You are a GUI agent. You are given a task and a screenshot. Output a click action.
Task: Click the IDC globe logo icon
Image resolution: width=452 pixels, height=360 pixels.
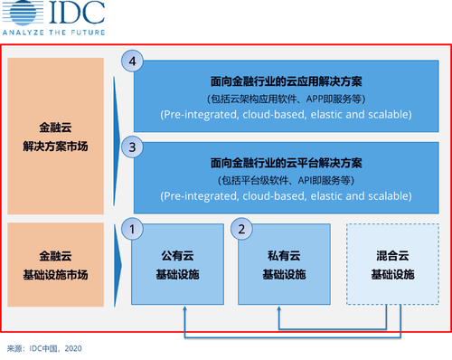23,12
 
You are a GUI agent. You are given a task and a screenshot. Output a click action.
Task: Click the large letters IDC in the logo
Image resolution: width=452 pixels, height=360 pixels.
77,12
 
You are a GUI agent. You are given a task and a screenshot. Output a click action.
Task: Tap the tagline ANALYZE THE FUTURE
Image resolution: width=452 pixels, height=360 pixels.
54,33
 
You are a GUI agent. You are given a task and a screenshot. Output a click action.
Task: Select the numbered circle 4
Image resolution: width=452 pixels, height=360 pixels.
132,62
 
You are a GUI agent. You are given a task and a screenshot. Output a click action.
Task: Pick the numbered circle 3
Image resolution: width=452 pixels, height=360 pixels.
132,147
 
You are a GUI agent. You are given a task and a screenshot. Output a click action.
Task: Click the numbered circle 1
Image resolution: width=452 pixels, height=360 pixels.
132,229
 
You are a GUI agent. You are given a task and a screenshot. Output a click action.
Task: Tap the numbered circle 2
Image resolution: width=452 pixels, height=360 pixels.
241,229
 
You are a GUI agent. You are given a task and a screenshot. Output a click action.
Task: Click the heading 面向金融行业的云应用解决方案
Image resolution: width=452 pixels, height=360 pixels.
287,81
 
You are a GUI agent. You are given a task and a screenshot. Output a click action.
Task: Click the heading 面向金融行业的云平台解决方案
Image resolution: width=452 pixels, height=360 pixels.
287,163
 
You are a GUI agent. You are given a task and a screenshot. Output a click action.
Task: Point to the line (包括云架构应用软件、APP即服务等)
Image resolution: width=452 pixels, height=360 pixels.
287,99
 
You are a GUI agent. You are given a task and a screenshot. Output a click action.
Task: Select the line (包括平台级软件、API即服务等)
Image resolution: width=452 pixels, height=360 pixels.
287,181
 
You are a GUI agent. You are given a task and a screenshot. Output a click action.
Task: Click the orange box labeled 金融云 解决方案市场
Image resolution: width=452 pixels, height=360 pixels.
56,136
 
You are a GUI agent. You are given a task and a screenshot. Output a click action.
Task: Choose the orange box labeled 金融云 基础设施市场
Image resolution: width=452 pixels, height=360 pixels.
56,265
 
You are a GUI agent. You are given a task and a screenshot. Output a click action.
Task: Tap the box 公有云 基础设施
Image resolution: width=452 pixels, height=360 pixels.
177,264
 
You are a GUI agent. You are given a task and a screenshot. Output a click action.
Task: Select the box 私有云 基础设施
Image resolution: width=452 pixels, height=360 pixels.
284,264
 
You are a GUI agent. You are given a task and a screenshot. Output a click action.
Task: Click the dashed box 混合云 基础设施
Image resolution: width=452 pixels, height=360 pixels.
392,264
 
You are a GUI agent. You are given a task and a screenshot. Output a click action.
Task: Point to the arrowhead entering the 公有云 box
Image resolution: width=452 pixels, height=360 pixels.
185,308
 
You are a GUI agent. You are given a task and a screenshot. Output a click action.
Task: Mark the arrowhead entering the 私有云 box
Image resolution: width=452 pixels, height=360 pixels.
279,308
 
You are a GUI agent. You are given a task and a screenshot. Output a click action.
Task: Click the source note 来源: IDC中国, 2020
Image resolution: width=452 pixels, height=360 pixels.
44,348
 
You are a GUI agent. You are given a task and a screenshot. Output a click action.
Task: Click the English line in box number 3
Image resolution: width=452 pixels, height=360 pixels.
287,196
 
